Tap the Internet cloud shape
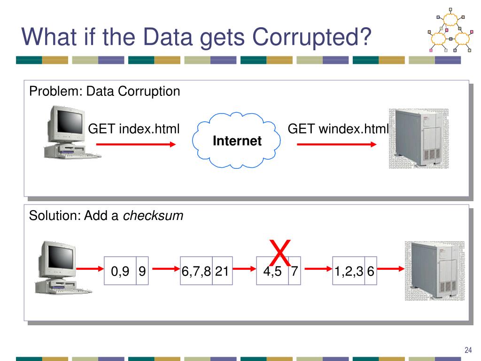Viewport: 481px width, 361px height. pyautogui.click(x=237, y=140)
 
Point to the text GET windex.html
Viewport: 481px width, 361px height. pyautogui.click(x=338, y=128)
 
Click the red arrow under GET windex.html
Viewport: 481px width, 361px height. pyautogui.click(x=337, y=144)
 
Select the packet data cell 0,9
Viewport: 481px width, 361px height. pyautogui.click(x=120, y=271)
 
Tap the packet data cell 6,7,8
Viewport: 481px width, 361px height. pyautogui.click(x=196, y=271)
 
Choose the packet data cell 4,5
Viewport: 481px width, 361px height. pyautogui.click(x=272, y=271)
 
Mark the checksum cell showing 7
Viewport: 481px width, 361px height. pyautogui.click(x=294, y=271)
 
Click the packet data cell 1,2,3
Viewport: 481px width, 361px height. pyautogui.click(x=348, y=271)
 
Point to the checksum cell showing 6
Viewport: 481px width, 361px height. pyautogui.click(x=370, y=271)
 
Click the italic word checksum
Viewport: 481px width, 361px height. pyautogui.click(x=153, y=216)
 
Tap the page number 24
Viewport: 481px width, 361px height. pyautogui.click(x=467, y=350)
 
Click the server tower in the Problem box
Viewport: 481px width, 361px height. pyautogui.click(x=415, y=139)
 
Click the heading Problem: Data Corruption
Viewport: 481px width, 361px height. pyautogui.click(x=104, y=91)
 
